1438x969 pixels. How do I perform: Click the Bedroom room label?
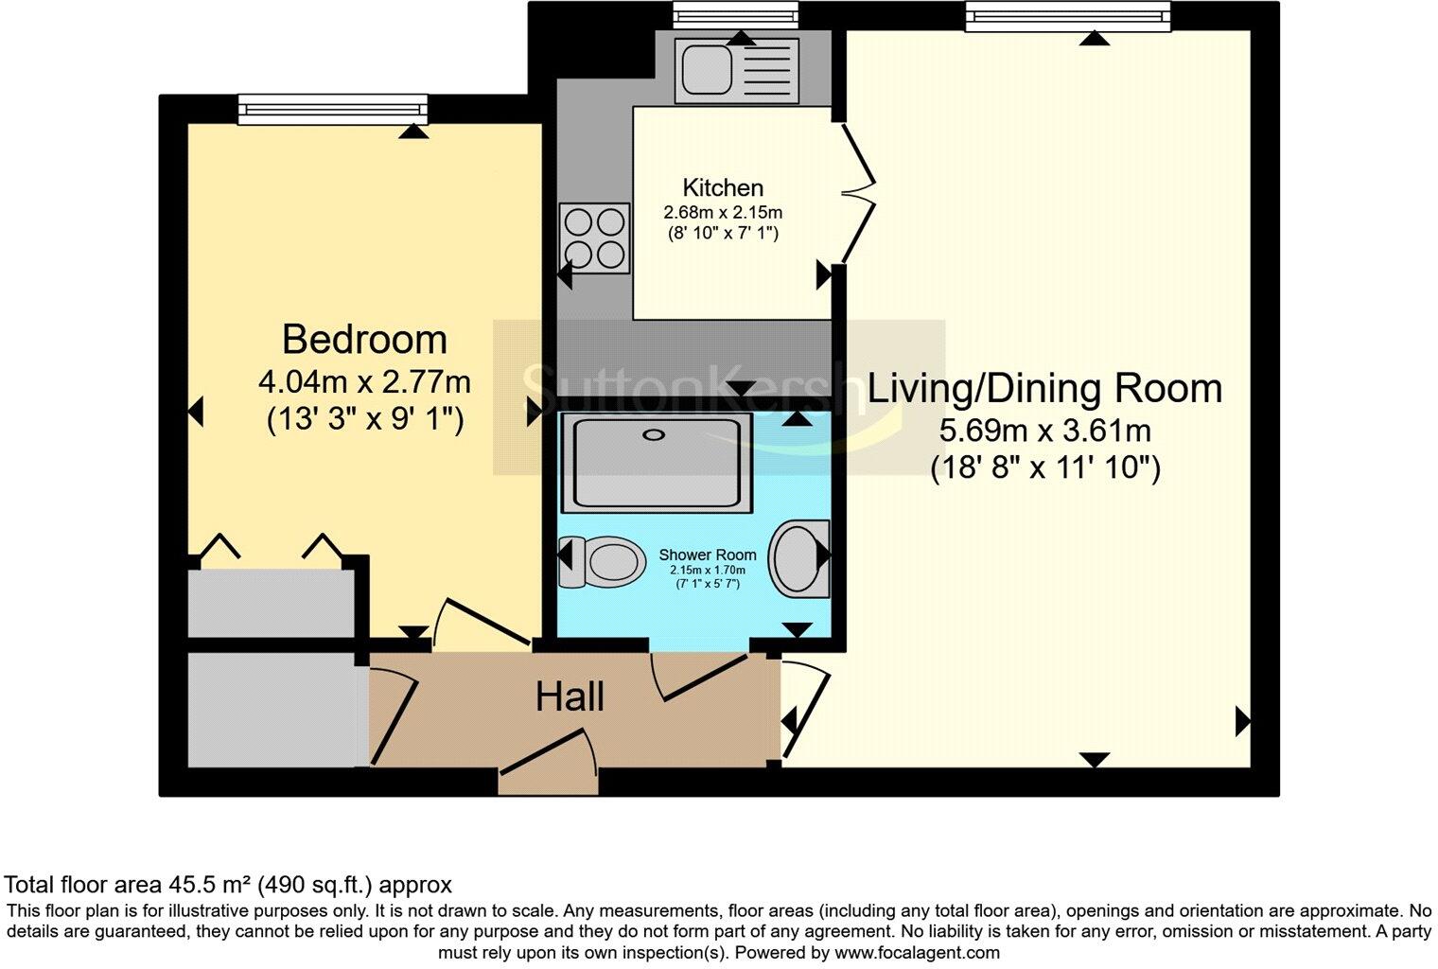click(364, 339)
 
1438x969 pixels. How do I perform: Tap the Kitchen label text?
click(723, 187)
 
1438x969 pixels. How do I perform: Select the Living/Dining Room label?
click(1044, 389)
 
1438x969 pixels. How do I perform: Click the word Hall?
click(570, 697)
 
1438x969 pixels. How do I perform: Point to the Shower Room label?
click(707, 555)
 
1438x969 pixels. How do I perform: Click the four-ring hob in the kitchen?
click(595, 238)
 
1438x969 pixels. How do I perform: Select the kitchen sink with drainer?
click(736, 71)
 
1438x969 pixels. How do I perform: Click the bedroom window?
click(333, 109)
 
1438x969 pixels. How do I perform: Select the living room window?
click(1067, 16)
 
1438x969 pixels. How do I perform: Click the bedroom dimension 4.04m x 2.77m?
click(364, 382)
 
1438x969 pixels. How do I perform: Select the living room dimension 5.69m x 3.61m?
click(1044, 432)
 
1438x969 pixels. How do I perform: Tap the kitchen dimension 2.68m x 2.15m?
click(723, 213)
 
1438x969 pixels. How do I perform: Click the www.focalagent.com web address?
click(917, 953)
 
